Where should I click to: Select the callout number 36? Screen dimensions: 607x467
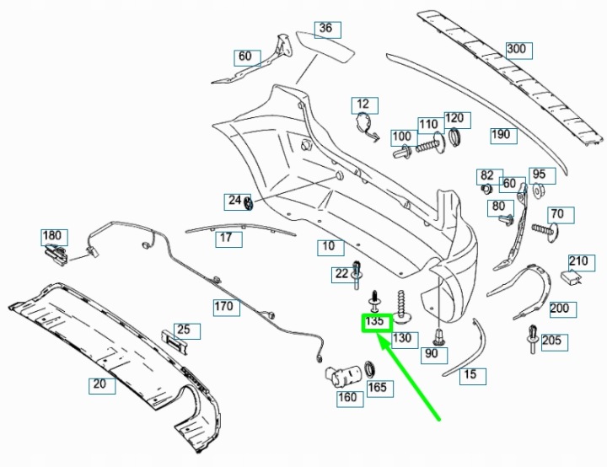(x=327, y=30)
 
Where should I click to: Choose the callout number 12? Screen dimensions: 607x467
(x=365, y=105)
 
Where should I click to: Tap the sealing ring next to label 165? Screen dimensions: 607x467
(x=372, y=369)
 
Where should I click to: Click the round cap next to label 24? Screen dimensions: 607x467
(x=248, y=202)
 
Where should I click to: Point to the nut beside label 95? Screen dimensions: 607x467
(x=537, y=191)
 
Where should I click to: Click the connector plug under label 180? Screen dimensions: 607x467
(x=56, y=255)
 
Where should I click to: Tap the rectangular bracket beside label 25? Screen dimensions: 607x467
(x=173, y=341)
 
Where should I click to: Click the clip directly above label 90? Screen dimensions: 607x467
(x=438, y=337)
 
